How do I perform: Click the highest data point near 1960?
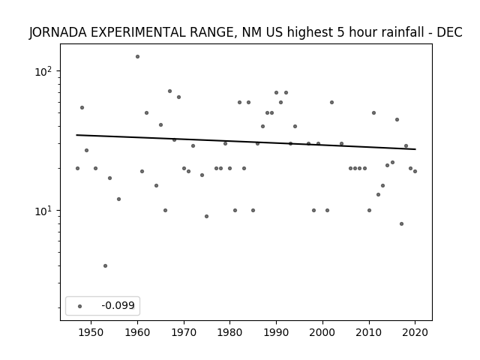pyautogui.click(x=137, y=57)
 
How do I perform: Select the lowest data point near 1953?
pyautogui.click(x=105, y=266)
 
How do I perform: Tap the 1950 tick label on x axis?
pyautogui.click(x=91, y=332)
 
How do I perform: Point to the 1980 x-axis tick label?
pyautogui.click(x=230, y=332)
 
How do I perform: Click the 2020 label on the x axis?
pyautogui.click(x=415, y=332)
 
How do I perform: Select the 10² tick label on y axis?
pyautogui.click(x=43, y=72)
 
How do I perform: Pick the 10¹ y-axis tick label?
pyautogui.click(x=43, y=211)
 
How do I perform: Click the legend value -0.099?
pyautogui.click(x=118, y=305)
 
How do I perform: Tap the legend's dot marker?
pyautogui.click(x=80, y=306)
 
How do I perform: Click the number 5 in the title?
pyautogui.click(x=341, y=32)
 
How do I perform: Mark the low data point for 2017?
pyautogui.click(x=402, y=223)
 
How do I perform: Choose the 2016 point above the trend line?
pyautogui.click(x=397, y=120)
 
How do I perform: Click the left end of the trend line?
pyautogui.click(x=76, y=135)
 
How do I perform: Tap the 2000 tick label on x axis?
pyautogui.click(x=322, y=332)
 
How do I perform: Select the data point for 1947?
pyautogui.click(x=77, y=168)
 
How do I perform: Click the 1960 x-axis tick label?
pyautogui.click(x=137, y=332)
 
